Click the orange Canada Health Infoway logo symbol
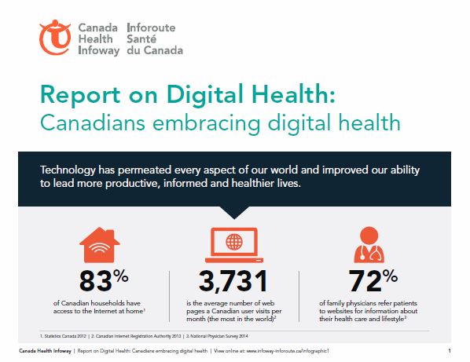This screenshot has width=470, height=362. tap(56, 37)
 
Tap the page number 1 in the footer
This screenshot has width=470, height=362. tap(447, 350)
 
